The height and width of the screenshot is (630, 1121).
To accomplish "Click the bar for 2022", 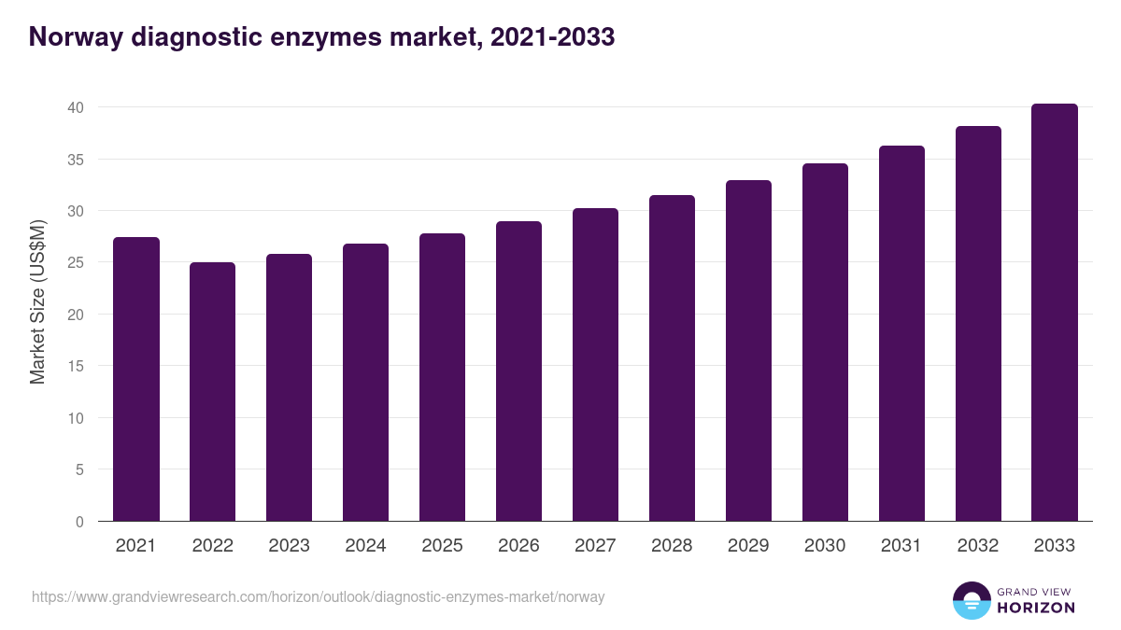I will (213, 392).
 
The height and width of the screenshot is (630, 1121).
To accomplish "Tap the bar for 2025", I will (443, 377).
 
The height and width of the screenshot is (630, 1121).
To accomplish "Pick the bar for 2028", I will (673, 358).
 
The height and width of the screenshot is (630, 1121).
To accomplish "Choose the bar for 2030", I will (826, 343).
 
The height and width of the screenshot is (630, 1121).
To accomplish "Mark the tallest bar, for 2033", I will (1055, 313).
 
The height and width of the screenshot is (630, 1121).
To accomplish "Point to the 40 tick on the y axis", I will (76, 108).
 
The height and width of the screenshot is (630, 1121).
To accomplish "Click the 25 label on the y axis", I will (76, 263).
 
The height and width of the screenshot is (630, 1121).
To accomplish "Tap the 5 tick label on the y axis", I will (79, 470).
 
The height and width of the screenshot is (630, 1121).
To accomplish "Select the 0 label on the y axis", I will (79, 522).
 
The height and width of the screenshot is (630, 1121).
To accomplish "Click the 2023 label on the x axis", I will (290, 546).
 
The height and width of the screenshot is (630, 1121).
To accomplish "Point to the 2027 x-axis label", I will (596, 546).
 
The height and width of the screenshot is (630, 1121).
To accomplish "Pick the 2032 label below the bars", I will (978, 546).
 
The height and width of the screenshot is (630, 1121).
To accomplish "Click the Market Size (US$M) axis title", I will (38, 301).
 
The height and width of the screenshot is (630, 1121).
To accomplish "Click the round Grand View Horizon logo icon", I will (971, 601).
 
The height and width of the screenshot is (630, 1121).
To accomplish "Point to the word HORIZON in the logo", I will (1036, 608).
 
